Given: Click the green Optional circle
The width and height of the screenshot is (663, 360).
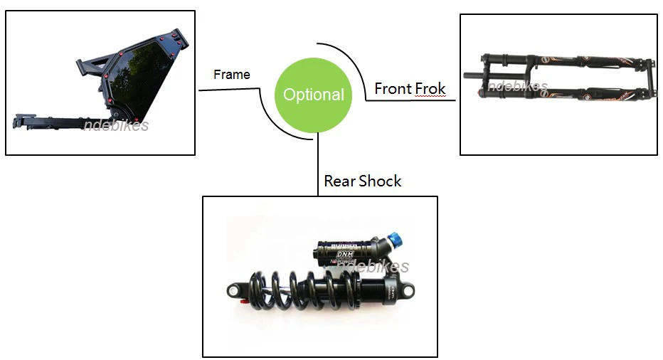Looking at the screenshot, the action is [x=314, y=95].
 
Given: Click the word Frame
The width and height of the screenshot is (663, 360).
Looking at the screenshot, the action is [x=232, y=74].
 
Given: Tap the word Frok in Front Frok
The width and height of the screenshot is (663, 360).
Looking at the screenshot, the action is [x=430, y=89].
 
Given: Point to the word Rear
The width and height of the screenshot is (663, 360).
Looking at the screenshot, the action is [x=339, y=181].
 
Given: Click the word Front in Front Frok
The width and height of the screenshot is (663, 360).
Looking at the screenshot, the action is [x=393, y=89].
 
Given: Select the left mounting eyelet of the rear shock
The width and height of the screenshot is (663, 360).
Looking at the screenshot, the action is [x=236, y=290].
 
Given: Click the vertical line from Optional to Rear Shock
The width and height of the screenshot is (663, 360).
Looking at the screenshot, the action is [x=318, y=167].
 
